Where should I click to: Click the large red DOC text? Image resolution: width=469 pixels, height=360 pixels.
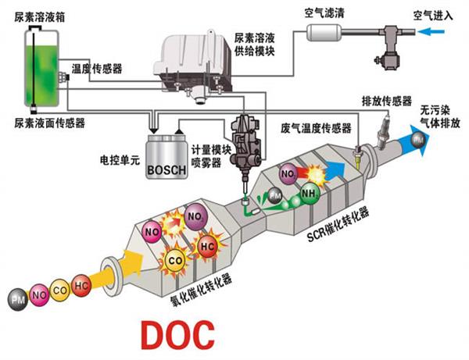[177, 335]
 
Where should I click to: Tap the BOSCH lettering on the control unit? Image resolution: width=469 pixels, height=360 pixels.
[166, 170]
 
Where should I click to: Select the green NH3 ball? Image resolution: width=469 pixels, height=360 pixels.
[310, 194]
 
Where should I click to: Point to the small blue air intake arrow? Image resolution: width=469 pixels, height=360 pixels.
[431, 31]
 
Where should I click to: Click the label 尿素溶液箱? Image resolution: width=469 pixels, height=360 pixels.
[40, 17]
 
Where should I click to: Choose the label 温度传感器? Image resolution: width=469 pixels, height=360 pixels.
[97, 69]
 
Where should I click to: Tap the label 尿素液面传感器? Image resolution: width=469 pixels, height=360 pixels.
[50, 123]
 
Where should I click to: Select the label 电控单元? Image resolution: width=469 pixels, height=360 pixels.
[120, 160]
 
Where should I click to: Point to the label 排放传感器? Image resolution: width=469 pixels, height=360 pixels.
[387, 101]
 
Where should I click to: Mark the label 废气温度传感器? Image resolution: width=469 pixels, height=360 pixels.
[316, 128]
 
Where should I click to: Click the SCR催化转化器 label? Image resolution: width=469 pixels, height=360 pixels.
[338, 224]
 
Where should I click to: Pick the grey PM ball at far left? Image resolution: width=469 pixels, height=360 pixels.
[18, 299]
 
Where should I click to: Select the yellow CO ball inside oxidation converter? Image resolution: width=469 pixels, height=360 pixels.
[175, 261]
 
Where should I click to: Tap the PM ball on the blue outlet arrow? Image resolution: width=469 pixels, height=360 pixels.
[418, 140]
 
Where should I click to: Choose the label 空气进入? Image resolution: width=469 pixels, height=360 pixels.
[433, 16]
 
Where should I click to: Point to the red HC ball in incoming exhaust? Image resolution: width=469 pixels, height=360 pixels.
[81, 286]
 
